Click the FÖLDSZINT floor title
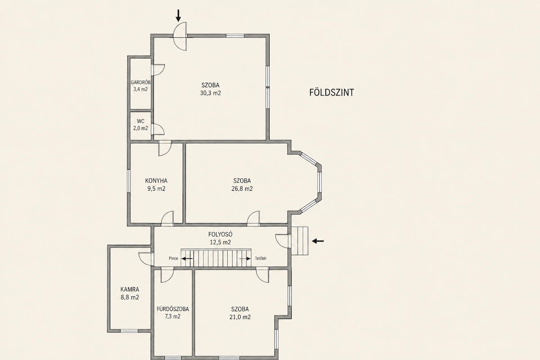pos(332,92)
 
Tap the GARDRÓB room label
pos(140,82)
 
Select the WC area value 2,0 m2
pos(140,128)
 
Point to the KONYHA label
pos(156,180)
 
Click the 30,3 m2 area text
pos(211,93)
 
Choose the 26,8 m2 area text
pos(242,189)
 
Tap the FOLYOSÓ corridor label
pos(220,234)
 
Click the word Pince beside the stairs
pos(173,258)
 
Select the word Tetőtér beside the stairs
pos(261,258)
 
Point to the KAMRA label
pos(130,289)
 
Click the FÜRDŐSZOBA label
pos(173,309)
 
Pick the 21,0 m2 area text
pos(240,317)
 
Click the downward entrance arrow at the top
pos(178,15)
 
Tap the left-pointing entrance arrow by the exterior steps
pos(318,241)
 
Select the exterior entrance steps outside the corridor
pos(300,241)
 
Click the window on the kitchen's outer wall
pos(129,180)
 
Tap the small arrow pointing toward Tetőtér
pos(245,259)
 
